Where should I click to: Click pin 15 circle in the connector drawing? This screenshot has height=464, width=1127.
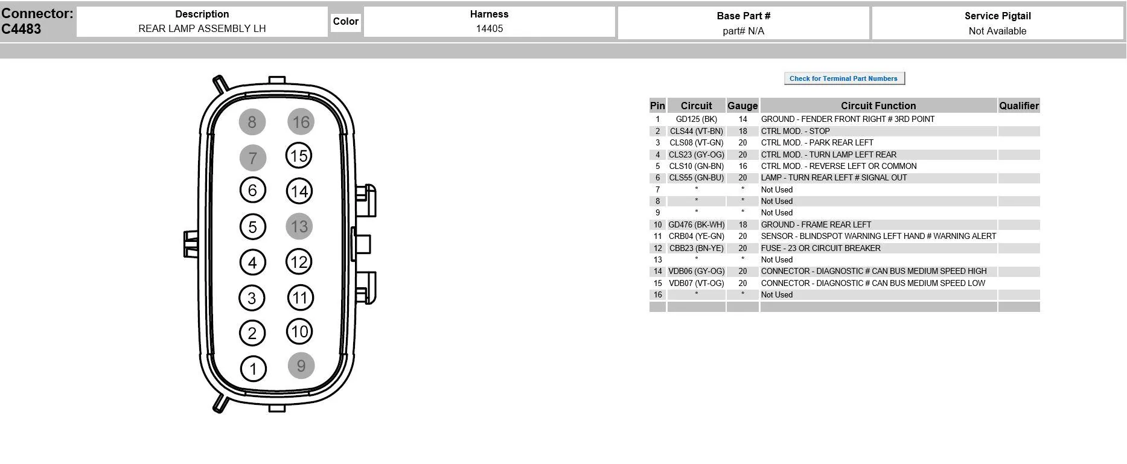[x=299, y=156]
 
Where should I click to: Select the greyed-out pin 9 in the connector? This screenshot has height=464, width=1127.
[x=301, y=366]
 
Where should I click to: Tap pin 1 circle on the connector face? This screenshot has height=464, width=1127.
[x=253, y=369]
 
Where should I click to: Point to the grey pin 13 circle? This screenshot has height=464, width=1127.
[x=299, y=227]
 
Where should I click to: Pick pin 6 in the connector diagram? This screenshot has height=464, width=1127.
[x=252, y=191]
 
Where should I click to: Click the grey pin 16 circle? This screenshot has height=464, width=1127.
[x=301, y=122]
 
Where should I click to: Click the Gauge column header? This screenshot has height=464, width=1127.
[x=742, y=106]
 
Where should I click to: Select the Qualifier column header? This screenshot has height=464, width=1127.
[x=1019, y=106]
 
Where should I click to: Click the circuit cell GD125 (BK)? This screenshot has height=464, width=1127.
[x=697, y=119]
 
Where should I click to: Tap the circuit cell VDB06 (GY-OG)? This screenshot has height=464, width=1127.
[x=697, y=272]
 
